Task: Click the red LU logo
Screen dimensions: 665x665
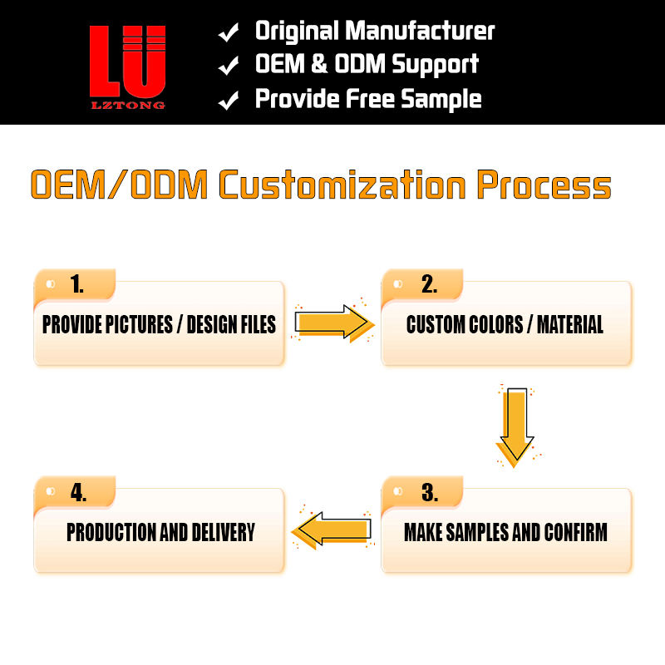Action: click(x=127, y=60)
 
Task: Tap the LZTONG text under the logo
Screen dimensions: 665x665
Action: click(x=127, y=105)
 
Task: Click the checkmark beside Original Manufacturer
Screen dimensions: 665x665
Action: click(x=229, y=33)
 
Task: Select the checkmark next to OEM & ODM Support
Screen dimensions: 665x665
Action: click(x=229, y=66)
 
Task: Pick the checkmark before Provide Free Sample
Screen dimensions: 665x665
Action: click(x=229, y=101)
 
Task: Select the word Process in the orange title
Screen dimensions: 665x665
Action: click(x=544, y=185)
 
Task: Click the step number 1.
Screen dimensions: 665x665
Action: click(x=77, y=284)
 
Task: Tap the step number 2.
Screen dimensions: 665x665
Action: click(x=429, y=284)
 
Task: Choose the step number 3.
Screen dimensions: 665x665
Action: click(x=429, y=492)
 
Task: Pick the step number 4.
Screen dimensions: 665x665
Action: click(x=78, y=492)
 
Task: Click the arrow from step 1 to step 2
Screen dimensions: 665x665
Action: click(x=332, y=323)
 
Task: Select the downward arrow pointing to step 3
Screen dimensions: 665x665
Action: click(x=515, y=424)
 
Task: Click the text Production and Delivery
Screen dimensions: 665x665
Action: click(x=160, y=532)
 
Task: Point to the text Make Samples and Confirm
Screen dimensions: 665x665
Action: click(x=505, y=532)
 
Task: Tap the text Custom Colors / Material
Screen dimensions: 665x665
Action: click(x=505, y=324)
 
